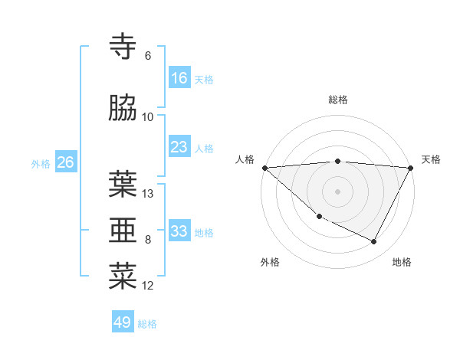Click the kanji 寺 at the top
coord(123,47)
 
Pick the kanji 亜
coord(123,230)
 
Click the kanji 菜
coord(123,276)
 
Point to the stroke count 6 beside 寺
coord(148,56)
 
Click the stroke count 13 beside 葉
coord(148,194)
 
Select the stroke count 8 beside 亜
coord(148,240)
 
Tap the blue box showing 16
coord(179,78)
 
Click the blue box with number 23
coord(179,147)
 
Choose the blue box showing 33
coord(179,231)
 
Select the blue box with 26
coord(66,162)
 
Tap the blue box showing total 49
coord(123,322)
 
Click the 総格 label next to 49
coord(148,324)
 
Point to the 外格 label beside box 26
coord(41,164)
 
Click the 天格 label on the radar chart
coord(432,159)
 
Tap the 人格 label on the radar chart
coord(245,159)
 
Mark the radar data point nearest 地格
coord(374,242)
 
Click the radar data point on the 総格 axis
coord(338,161)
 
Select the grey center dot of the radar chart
coord(338,191)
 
